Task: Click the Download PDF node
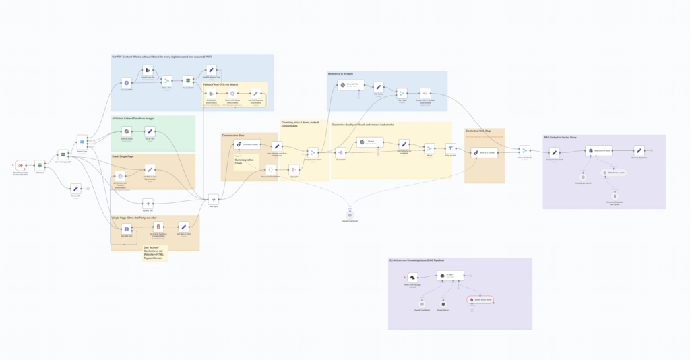125,82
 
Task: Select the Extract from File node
146,70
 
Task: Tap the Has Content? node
188,82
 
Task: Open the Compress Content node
247,144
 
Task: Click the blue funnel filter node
451,148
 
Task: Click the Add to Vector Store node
598,151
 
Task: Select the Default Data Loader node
604,173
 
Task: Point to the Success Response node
639,151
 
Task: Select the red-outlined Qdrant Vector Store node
479,299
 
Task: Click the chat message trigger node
412,276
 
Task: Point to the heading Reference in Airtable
340,73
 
